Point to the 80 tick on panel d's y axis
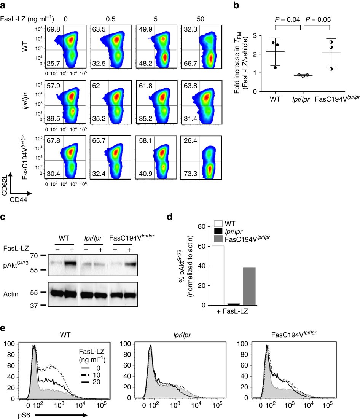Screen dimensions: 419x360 tap(204, 226)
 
